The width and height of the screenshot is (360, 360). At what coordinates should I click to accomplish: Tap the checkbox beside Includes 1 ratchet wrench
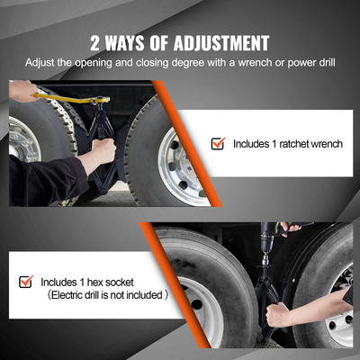(x=217, y=143)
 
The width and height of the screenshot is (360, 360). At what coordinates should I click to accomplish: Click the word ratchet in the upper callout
(x=288, y=143)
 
